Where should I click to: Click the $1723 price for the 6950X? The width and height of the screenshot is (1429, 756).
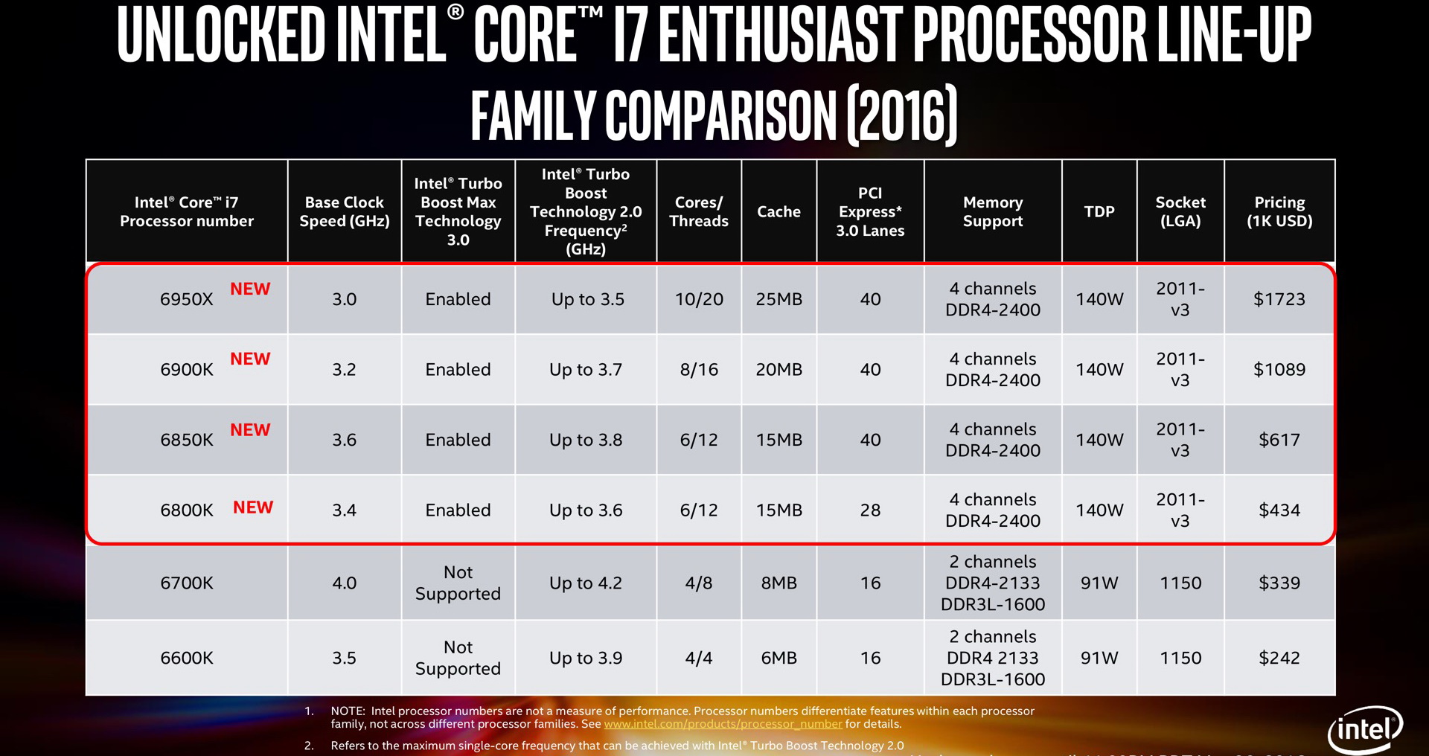click(x=1279, y=299)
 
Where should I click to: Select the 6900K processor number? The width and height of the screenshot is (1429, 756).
click(x=187, y=370)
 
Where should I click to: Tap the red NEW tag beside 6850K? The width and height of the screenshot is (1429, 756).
click(x=250, y=430)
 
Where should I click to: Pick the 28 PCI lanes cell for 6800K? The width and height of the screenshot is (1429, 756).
click(x=870, y=510)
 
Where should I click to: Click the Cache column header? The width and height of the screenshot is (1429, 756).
click(x=779, y=212)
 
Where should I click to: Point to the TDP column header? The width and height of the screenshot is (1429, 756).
click(x=1099, y=212)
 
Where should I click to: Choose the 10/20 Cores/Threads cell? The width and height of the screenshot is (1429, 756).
click(x=699, y=299)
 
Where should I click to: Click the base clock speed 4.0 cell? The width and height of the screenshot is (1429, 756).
click(x=344, y=583)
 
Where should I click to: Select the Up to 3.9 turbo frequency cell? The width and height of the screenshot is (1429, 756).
click(x=586, y=659)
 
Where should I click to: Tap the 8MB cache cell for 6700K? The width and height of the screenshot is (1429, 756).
click(x=779, y=583)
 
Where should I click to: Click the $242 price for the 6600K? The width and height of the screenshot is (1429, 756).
click(x=1279, y=659)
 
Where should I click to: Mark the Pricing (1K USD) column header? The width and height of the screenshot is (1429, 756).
click(x=1279, y=212)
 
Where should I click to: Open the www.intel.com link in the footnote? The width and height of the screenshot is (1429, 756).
click(x=723, y=724)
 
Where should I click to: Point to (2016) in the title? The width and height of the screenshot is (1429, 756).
click(x=902, y=115)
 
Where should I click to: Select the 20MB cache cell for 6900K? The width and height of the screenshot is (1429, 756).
click(x=779, y=370)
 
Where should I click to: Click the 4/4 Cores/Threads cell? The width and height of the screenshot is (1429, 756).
click(x=699, y=659)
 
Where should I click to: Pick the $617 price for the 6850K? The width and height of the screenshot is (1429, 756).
click(x=1279, y=440)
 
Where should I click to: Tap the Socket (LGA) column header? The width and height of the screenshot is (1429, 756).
click(x=1180, y=212)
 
